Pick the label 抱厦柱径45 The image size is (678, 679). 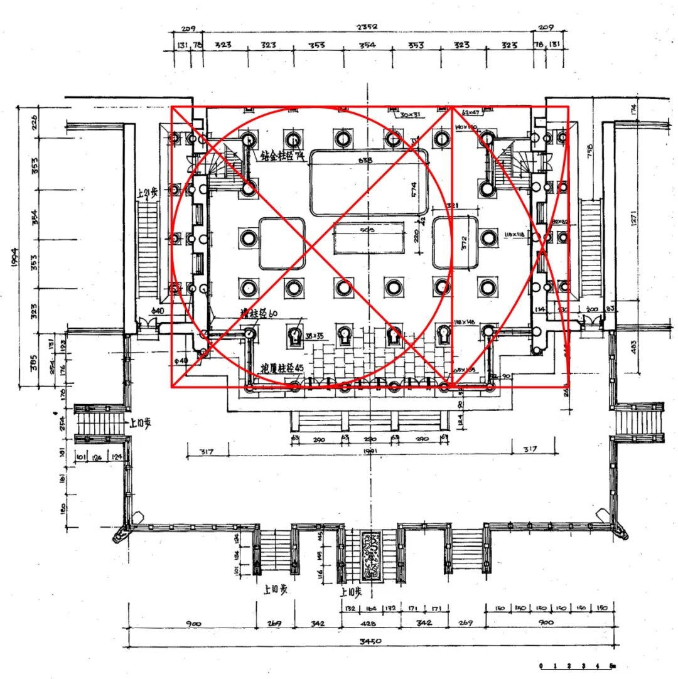(282, 368)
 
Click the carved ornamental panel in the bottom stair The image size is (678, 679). (370, 555)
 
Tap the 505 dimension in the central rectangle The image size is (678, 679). (369, 230)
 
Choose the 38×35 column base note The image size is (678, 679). (315, 336)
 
